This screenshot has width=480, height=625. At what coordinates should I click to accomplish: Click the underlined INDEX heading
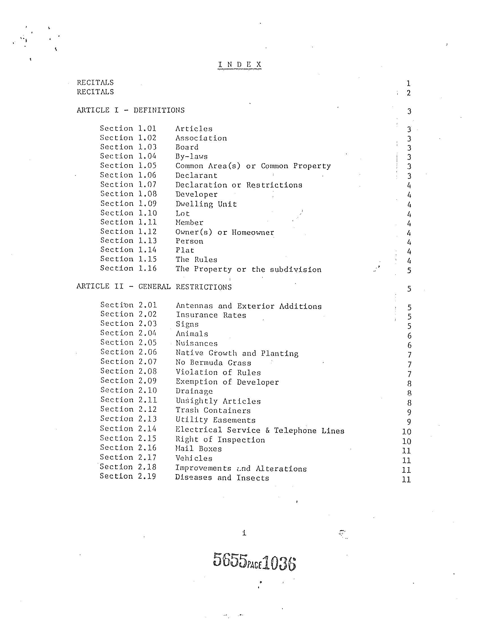(239, 65)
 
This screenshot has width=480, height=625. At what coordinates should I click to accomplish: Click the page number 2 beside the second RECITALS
(409, 93)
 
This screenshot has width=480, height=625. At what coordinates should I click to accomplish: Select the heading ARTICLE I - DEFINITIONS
(130, 110)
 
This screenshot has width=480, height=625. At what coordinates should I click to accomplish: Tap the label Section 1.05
(128, 166)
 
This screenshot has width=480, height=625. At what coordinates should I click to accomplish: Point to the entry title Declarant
(196, 175)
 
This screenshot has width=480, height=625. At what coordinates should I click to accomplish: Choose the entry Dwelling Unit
(206, 204)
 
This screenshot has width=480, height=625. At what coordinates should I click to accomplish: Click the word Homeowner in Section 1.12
(252, 232)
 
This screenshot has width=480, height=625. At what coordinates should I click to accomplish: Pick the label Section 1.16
(128, 268)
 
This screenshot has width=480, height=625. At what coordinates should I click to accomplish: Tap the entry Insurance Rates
(211, 315)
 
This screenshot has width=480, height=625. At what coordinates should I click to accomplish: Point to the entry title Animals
(192, 334)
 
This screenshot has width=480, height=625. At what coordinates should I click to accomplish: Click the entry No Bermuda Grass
(213, 363)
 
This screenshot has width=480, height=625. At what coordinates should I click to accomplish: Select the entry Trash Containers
(213, 411)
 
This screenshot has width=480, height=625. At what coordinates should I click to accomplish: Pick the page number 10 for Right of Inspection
(406, 441)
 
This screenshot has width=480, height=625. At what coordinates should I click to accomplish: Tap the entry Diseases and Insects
(222, 478)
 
